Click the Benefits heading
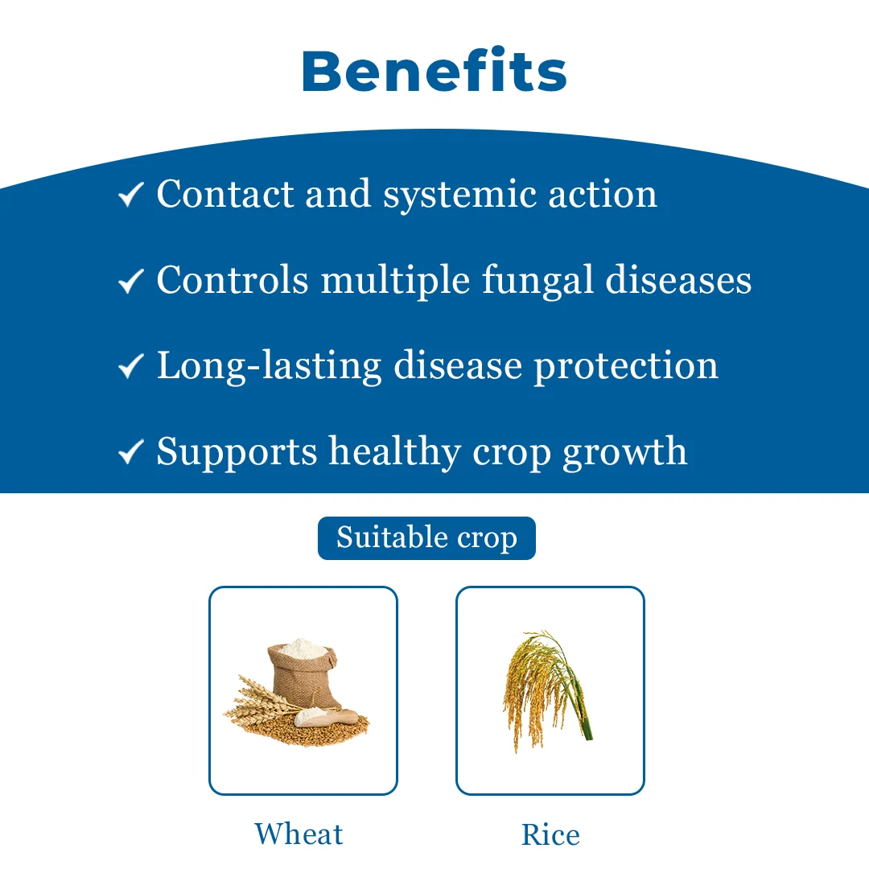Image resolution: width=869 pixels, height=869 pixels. pos(434,70)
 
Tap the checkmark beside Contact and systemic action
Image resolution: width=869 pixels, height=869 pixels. pos(131,195)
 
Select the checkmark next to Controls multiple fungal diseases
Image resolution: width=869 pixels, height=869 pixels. pos(131,281)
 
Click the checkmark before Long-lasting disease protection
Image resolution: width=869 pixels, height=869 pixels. pos(131,366)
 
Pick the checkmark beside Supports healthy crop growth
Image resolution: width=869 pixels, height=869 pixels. pos(131,452)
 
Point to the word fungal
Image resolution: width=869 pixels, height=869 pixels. pos(537,281)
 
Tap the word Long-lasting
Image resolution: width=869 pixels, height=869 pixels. pos(270,367)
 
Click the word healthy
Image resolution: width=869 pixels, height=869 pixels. pos(394,453)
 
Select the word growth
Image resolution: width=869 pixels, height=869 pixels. pos(624,453)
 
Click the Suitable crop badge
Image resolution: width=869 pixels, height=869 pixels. pos(426,537)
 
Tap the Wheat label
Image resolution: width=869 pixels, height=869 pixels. pos(299,834)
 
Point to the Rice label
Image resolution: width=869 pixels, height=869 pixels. pos(550,834)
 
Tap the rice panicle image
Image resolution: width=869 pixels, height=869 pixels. pos(546,690)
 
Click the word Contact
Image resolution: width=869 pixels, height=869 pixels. pos(225,195)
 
